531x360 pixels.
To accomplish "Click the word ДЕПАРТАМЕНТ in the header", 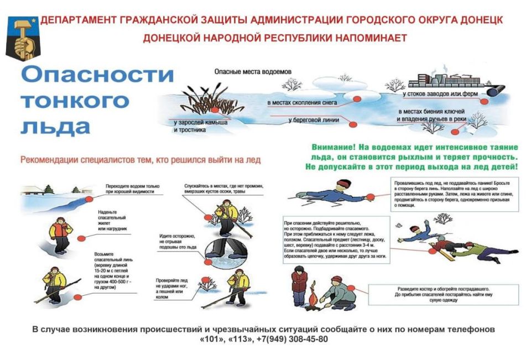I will coord(77,20).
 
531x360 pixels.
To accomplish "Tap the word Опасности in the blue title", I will coord(96,76).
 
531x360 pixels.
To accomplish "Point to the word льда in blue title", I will coord(55,126).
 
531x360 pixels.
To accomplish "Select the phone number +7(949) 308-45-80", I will coord(292,339).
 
